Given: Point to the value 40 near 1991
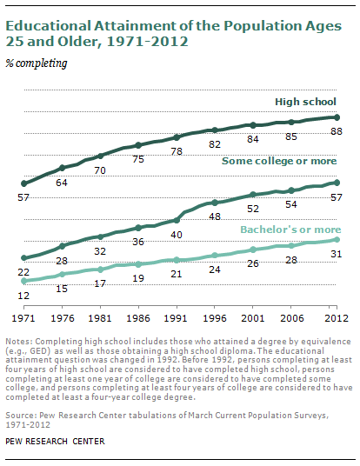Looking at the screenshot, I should [177, 234].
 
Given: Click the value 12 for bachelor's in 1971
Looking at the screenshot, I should [24, 296].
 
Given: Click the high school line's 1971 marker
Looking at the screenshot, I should [24, 183].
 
